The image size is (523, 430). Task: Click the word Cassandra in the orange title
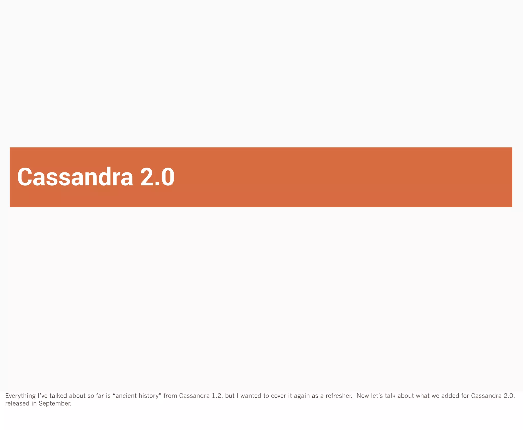point(75,177)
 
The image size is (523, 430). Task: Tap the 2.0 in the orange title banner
point(157,177)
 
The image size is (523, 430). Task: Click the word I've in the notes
point(42,396)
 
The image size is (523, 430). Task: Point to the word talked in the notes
point(58,396)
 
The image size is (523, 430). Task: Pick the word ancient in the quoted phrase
point(126,396)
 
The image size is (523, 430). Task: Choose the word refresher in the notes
point(339,396)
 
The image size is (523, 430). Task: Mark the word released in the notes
point(17,403)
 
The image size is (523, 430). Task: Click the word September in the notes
point(55,403)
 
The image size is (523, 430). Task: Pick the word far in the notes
point(100,396)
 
